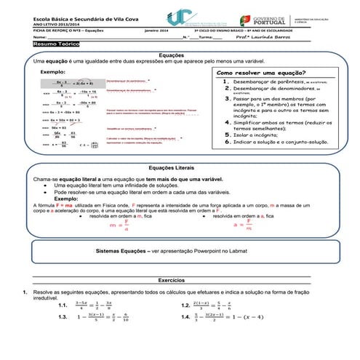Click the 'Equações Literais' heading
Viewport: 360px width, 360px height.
click(x=180, y=167)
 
